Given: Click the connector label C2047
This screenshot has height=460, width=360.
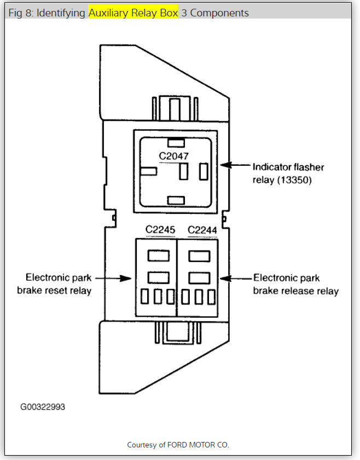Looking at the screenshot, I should [x=174, y=156].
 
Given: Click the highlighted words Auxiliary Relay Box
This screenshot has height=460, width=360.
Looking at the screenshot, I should [x=133, y=13].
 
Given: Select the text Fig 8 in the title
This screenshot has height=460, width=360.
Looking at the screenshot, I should [x=20, y=13].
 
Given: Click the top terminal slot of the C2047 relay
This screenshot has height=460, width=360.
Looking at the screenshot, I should [x=176, y=143].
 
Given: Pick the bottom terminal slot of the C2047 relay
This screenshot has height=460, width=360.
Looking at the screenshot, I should [x=176, y=200].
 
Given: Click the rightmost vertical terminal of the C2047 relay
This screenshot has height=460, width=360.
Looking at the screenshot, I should [x=204, y=171].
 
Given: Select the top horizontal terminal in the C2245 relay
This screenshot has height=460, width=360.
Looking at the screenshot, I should [x=158, y=255].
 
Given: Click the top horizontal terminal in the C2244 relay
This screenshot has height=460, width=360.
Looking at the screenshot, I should [x=199, y=255].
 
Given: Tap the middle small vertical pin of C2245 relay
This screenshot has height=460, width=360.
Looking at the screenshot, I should [x=158, y=296].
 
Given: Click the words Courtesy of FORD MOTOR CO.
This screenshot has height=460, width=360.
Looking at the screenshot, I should [x=178, y=445].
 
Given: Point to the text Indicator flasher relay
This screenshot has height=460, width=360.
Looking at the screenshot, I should [x=282, y=166].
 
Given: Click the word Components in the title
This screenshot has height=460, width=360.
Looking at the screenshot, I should [x=219, y=13].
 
